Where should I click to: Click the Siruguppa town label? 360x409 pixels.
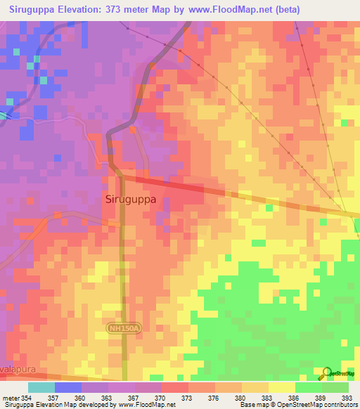[130, 199]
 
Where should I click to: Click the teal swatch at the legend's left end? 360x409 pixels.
[41, 387]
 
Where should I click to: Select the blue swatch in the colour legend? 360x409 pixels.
[68, 387]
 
